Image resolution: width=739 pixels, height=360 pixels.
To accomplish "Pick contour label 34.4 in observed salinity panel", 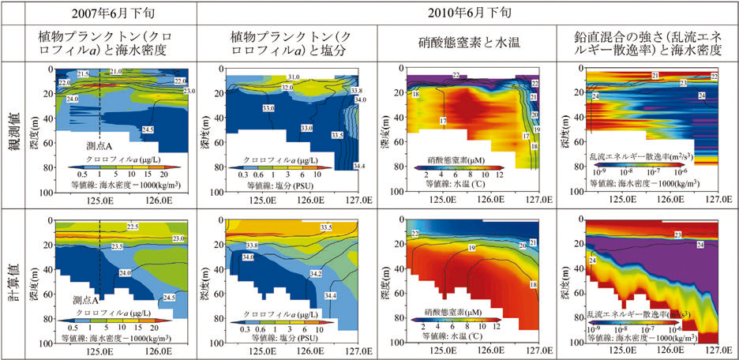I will (358, 166).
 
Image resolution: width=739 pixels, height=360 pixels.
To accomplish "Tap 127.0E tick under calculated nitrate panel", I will (538, 345).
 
